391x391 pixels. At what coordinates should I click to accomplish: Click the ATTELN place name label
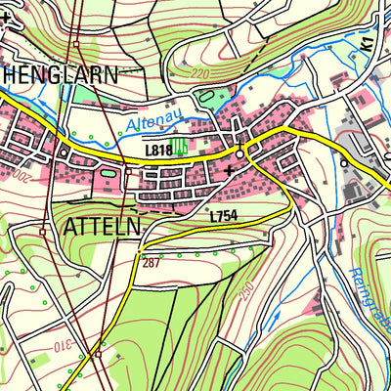(x=102, y=227)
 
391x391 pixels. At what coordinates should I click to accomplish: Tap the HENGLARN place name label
(x=58, y=74)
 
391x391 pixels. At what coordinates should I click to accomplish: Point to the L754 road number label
(x=224, y=215)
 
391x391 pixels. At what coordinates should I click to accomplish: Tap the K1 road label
(x=366, y=44)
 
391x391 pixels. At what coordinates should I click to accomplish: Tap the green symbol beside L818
(x=181, y=149)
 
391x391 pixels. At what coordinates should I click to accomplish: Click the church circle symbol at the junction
(x=239, y=152)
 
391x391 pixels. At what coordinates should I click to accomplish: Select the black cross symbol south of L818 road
(x=229, y=170)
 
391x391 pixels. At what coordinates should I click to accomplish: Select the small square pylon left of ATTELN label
(x=43, y=233)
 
